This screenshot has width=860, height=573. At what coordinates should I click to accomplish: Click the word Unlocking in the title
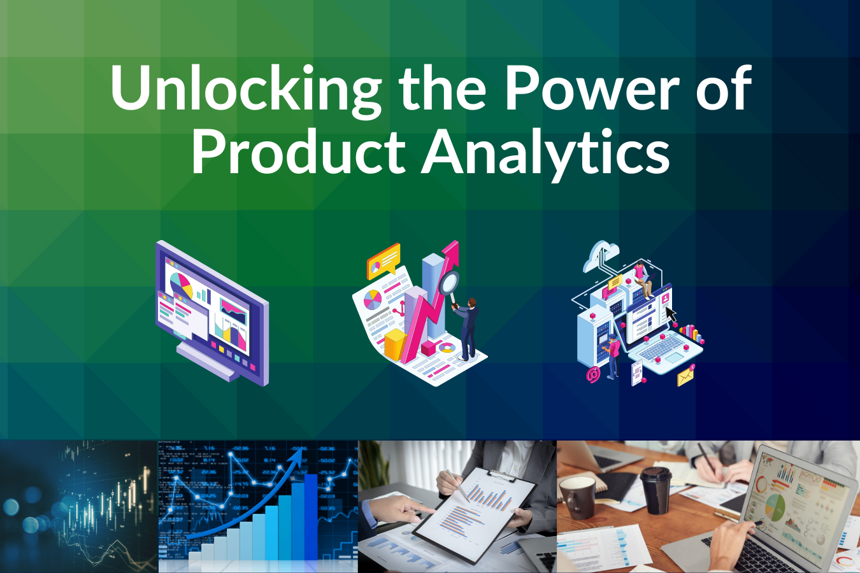[245, 89]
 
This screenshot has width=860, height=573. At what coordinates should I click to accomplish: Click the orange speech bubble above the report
[383, 260]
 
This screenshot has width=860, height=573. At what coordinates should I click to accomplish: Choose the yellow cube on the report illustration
[395, 344]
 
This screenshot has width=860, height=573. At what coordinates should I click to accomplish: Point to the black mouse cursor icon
[670, 315]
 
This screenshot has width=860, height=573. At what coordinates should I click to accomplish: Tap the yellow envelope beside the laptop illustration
[685, 377]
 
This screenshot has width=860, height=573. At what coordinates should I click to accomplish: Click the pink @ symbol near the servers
[593, 375]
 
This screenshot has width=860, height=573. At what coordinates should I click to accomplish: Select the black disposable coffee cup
[656, 490]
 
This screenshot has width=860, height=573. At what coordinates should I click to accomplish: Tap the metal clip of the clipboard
[501, 475]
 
